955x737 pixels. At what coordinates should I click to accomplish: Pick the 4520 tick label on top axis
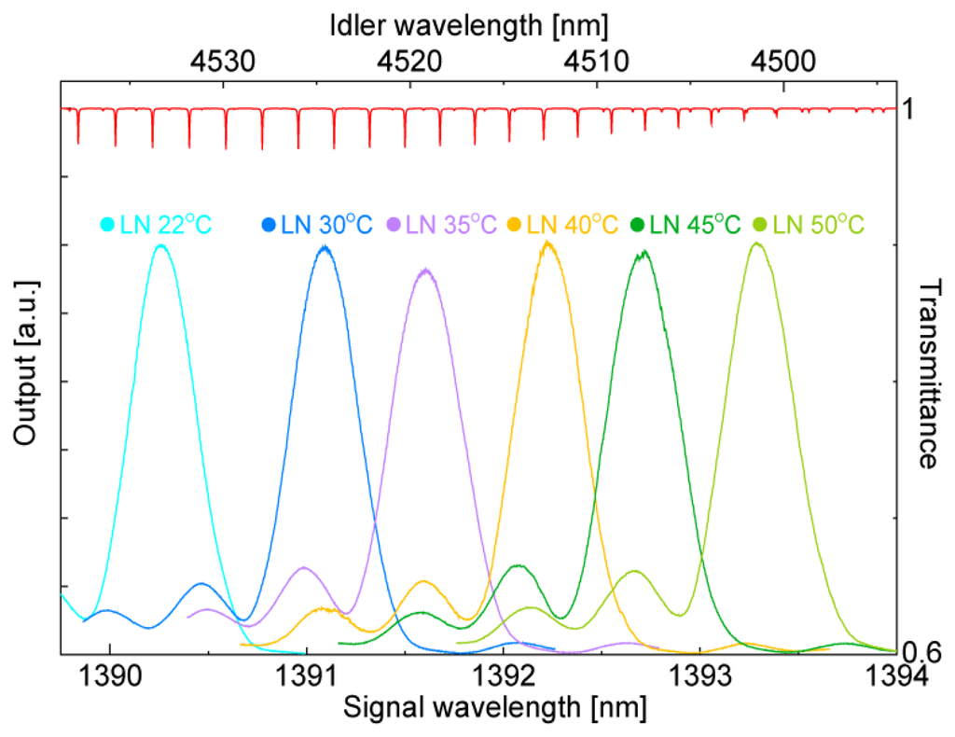[409, 63]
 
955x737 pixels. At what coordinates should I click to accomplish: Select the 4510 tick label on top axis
[594, 63]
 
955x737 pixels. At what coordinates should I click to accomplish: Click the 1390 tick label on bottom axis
[110, 676]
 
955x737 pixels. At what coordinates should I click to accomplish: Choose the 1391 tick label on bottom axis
[307, 676]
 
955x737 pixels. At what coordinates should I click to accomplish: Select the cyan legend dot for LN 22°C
[108, 225]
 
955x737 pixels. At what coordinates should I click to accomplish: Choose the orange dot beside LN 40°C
[514, 225]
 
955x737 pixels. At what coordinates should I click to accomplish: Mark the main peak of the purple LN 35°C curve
[425, 271]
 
